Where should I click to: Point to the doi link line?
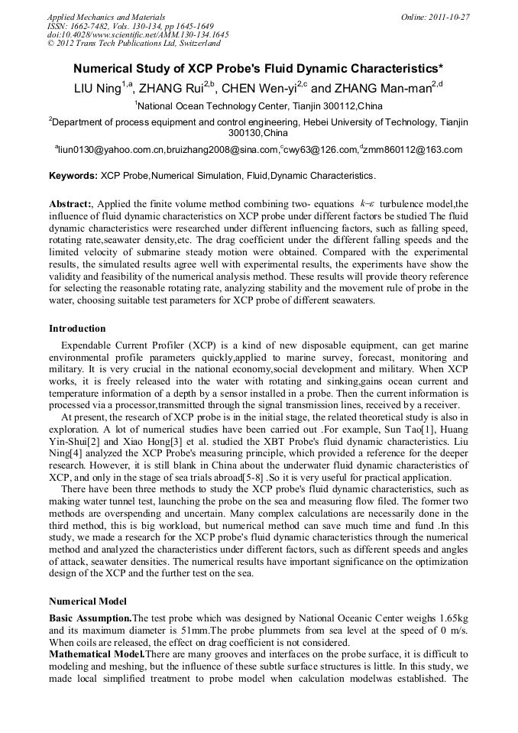click(x=138, y=34)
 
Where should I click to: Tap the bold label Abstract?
click(x=72, y=204)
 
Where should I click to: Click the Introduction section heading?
click(x=77, y=329)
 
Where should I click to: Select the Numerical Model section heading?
click(x=88, y=601)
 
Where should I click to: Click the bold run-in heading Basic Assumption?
click(x=90, y=617)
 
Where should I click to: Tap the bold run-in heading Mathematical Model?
click(x=96, y=656)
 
